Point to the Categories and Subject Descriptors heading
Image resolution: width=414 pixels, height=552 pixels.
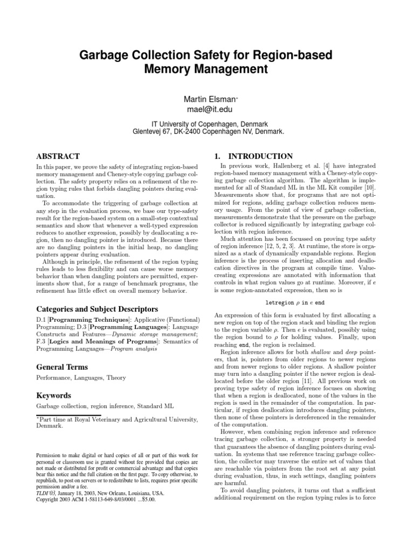[x=89, y=309]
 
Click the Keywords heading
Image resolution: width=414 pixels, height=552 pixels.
[x=54, y=395]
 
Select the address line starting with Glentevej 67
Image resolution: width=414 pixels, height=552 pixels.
[x=207, y=131]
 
